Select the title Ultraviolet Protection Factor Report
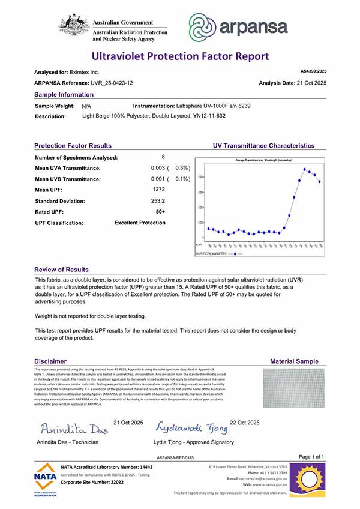pyautogui.click(x=179, y=56)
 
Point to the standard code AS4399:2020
pyautogui.click(x=312, y=71)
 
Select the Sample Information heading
pyautogui.click(x=64, y=95)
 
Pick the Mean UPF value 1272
pyautogui.click(x=159, y=190)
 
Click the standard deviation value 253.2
pyautogui.click(x=159, y=201)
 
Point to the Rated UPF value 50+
pyautogui.click(x=160, y=212)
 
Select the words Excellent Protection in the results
pyautogui.click(x=140, y=223)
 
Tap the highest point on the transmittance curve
pyautogui.click(x=305, y=169)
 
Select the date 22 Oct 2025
pyautogui.click(x=245, y=423)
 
